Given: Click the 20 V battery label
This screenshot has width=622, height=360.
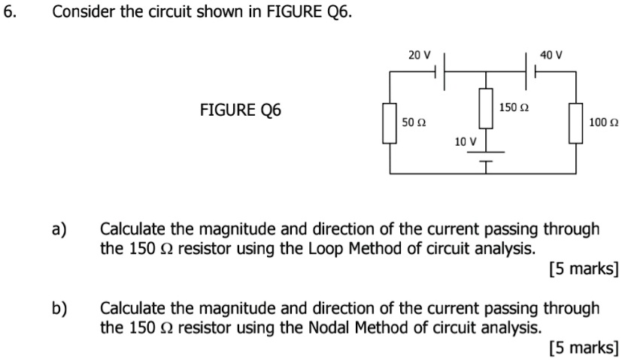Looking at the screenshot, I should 419,55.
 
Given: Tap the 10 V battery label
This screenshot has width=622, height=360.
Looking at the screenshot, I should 465,141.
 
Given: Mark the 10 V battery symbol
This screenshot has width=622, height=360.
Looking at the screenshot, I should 486,156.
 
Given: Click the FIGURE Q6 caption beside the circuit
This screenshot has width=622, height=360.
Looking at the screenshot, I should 240,110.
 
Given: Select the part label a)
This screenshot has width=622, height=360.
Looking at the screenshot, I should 59,228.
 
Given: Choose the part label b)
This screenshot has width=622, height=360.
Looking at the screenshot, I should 59,308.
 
